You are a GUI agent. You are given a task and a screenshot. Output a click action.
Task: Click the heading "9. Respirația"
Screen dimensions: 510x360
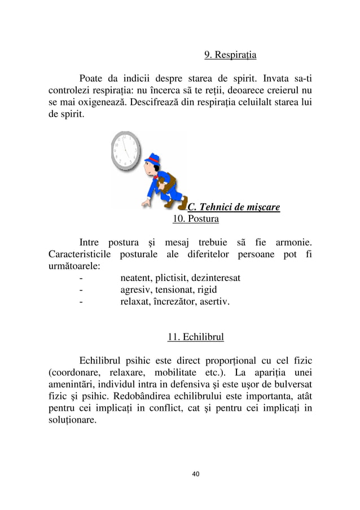pos(230,55)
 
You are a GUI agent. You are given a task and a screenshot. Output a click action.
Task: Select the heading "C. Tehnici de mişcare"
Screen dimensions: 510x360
pos(234,207)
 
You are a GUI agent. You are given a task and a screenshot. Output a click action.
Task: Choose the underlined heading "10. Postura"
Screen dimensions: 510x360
pos(195,218)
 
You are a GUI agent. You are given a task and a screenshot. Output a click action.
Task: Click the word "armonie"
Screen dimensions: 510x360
pos(292,243)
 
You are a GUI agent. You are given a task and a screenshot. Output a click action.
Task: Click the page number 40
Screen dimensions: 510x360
pos(195,473)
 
